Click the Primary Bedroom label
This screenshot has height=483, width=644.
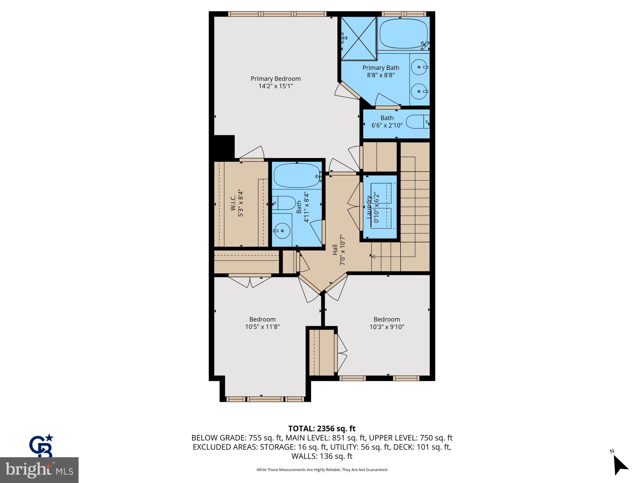click(x=276, y=79)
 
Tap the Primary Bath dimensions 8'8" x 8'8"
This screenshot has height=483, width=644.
click(x=381, y=75)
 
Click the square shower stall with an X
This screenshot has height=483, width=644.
click(x=359, y=38)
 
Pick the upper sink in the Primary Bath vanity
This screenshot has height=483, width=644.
click(x=419, y=67)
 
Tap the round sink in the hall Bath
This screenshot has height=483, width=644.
click(x=281, y=231)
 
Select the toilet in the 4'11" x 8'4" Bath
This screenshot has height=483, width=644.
click(x=284, y=203)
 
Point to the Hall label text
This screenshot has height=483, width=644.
click(x=335, y=250)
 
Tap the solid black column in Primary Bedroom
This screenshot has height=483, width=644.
click(x=224, y=147)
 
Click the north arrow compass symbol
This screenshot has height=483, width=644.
click(x=620, y=466)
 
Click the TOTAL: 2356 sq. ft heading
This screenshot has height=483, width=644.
click(x=322, y=429)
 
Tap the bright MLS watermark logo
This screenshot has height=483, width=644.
click(x=39, y=470)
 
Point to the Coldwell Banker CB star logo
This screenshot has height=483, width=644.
click(x=41, y=446)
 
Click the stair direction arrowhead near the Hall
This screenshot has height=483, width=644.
click(x=373, y=257)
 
